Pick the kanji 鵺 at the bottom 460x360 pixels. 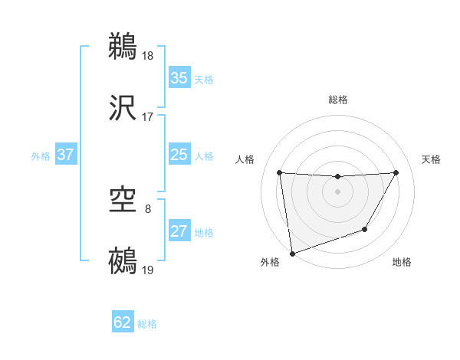tap(123, 261)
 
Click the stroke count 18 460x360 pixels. tap(149, 56)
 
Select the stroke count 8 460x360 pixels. tap(148, 208)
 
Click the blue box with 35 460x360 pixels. tap(179, 78)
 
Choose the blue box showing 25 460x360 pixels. tap(179, 155)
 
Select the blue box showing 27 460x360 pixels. tap(179, 231)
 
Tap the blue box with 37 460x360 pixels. tap(66, 155)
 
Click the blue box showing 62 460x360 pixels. tap(123, 322)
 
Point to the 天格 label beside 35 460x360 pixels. tap(204, 80)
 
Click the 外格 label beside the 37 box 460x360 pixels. tap(41, 156)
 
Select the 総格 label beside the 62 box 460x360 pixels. tap(147, 324)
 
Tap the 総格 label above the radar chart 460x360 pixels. tap(338, 100)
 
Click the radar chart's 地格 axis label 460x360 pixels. tap(402, 262)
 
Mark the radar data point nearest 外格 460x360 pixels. tap(291, 253)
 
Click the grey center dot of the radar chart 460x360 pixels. tap(337, 191)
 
